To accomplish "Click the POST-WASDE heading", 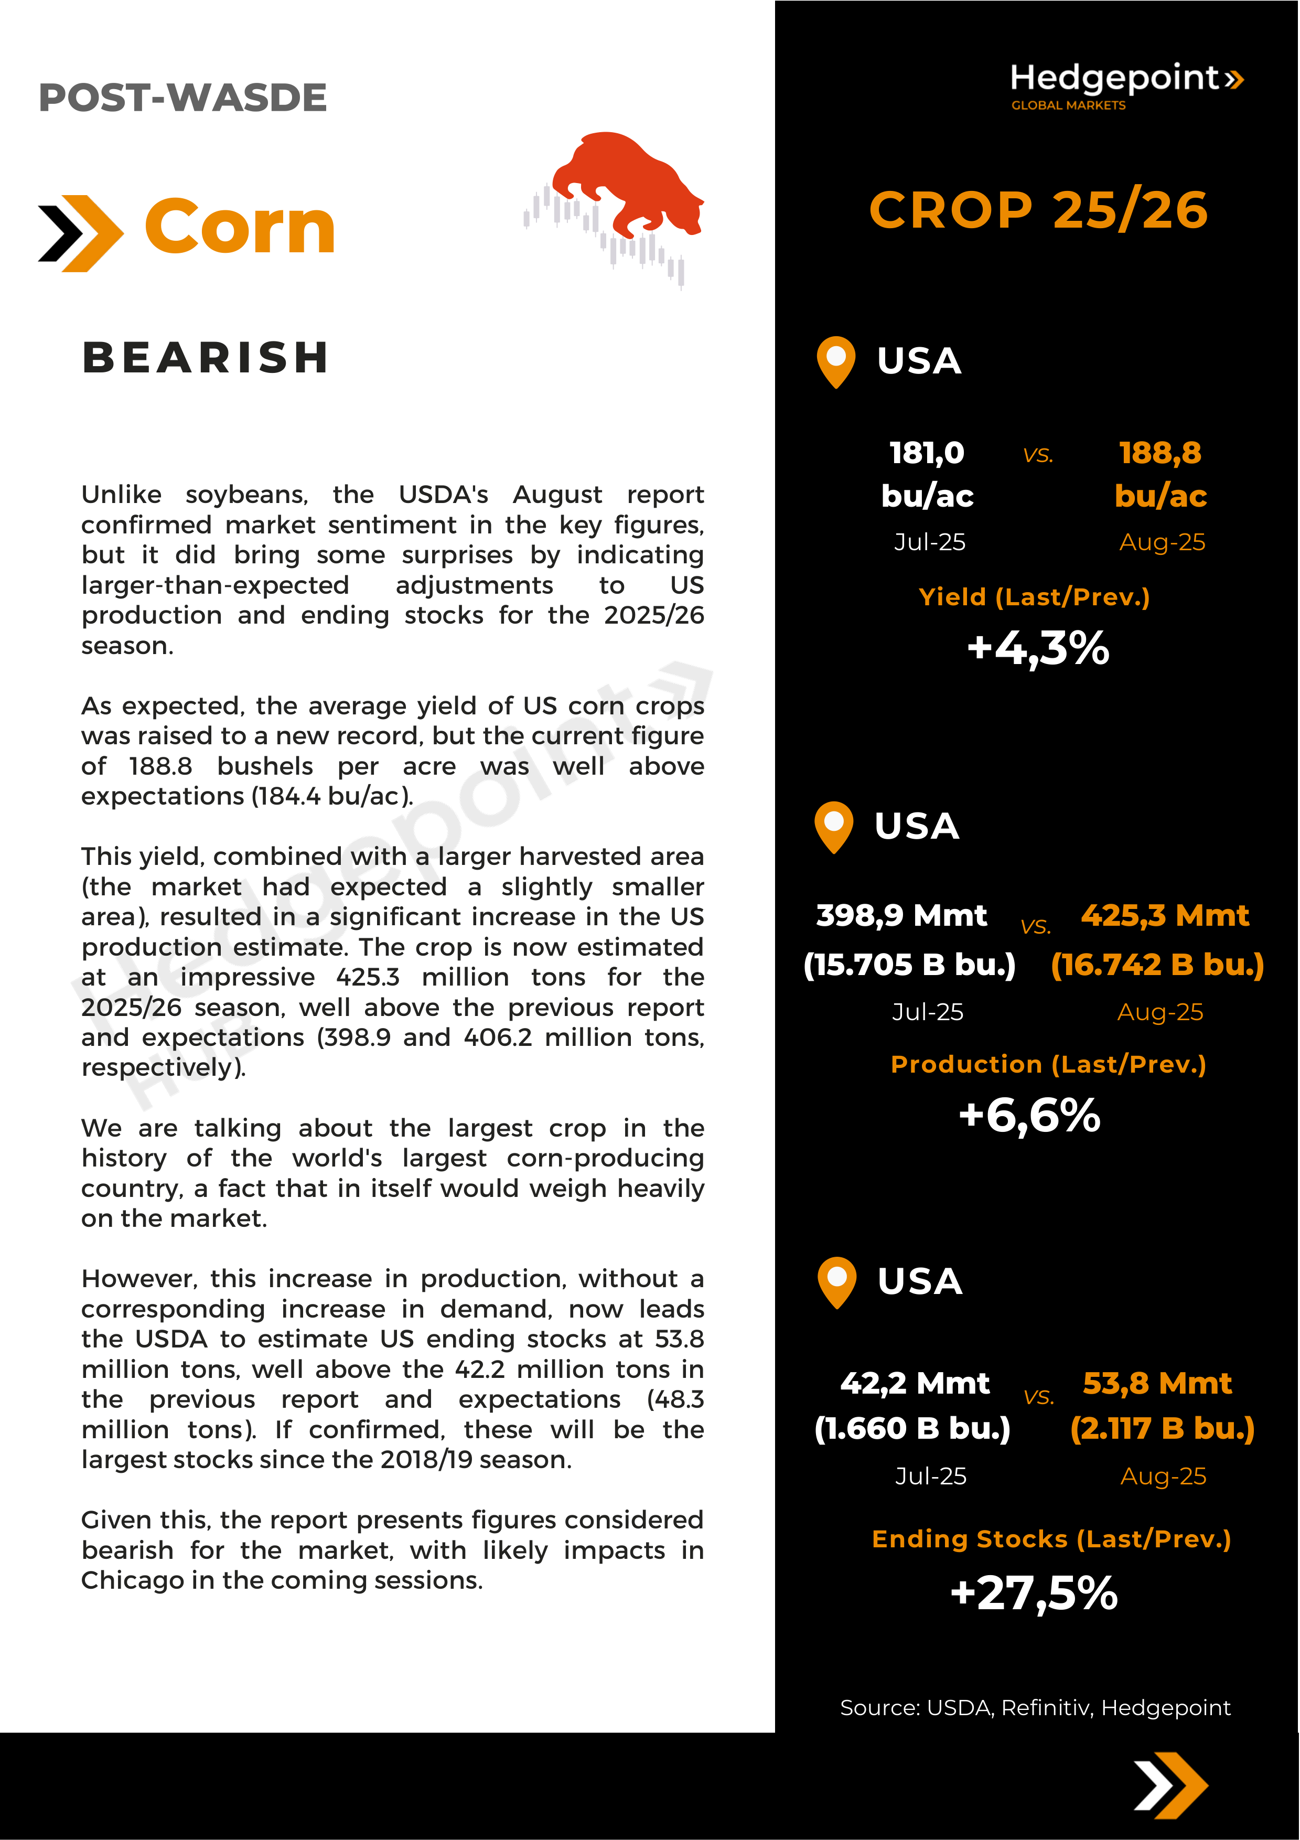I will pos(182,98).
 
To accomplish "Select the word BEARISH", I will pos(206,357).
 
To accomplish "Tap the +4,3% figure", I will pos(1038,648).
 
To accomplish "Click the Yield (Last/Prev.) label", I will pos(1034,597).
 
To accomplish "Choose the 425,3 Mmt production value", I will pos(1165,915).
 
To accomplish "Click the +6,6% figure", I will pos(1029,1116).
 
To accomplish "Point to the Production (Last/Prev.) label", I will pos(1048,1064).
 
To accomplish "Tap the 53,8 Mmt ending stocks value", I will pos(1157,1383).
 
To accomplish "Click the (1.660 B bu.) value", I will pos(912,1429).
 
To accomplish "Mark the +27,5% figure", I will pos(1033,1593).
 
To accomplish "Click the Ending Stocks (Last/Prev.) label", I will pos(1051,1539).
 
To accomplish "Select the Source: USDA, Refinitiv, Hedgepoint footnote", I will pos(1035,1708).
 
